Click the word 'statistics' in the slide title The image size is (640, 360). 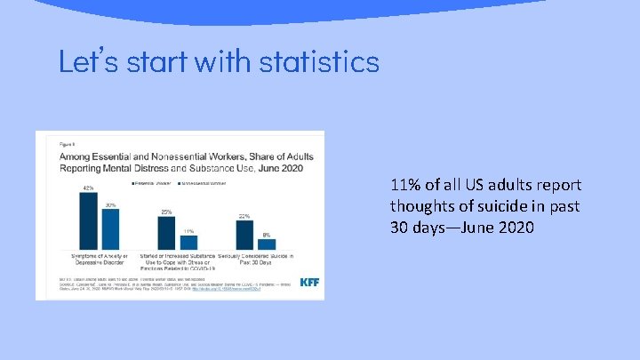pos(319,61)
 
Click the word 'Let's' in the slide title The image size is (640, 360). pos(87,61)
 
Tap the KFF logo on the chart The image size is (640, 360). pos(309,283)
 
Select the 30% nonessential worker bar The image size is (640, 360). pos(110,229)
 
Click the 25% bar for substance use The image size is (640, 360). pos(166,233)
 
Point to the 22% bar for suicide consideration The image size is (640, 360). pos(244,235)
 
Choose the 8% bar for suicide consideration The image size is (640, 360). pos(267,244)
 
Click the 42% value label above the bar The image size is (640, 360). pos(88,188)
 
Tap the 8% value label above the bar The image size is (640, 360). pos(267,235)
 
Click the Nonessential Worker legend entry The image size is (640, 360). pos(205,183)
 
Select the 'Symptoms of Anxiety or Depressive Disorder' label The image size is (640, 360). pos(99,260)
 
